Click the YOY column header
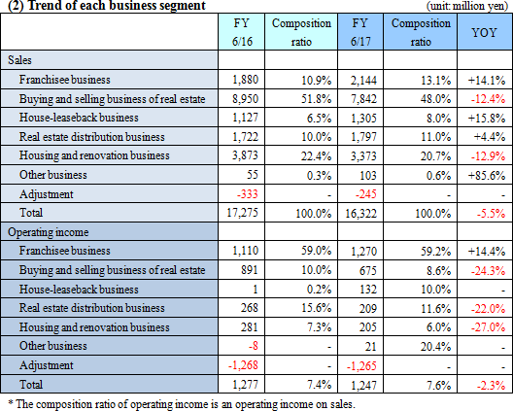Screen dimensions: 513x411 point(484,32)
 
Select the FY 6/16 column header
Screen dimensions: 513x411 point(242,32)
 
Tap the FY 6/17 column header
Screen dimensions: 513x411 point(360,32)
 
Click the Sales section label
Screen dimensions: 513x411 point(20,60)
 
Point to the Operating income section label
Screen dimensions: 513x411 point(49,232)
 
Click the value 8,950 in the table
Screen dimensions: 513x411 point(245,99)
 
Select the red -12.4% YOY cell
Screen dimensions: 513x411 point(488,99)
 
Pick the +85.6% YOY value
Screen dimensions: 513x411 point(487,176)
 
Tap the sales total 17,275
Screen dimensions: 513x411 point(242,213)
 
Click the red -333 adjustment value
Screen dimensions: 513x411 point(248,194)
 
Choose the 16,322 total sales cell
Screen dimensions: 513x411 point(360,214)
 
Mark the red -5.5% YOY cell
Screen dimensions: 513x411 point(491,214)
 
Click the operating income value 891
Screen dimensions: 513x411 point(249,270)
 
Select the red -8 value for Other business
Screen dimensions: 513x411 point(253,346)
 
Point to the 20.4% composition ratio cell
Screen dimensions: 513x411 point(435,347)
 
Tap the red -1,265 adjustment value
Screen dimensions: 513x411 point(361,366)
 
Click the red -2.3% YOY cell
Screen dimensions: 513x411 point(491,386)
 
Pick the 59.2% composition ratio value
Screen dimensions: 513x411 point(435,252)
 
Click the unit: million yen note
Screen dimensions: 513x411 point(467,6)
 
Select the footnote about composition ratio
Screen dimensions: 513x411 point(182,404)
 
